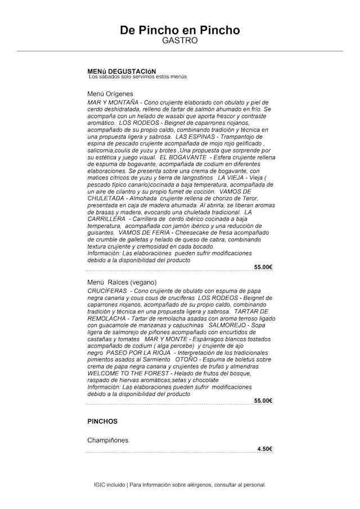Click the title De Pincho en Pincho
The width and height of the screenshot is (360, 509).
(180, 30)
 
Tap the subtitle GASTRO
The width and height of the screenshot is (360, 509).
(180, 40)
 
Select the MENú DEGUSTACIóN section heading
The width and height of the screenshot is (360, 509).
(121, 71)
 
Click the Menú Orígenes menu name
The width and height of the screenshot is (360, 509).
(110, 93)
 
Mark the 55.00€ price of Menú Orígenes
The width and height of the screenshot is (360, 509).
(263, 267)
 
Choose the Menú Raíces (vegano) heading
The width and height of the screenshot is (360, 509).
(122, 282)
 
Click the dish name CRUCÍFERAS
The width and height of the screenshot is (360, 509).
(107, 291)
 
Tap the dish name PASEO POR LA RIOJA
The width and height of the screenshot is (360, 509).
(139, 353)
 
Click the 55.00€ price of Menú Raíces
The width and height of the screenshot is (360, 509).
(263, 400)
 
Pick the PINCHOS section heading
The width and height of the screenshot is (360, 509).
(102, 421)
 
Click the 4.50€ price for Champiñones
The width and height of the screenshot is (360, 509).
(265, 449)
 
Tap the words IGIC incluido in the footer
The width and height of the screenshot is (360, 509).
(109, 485)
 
